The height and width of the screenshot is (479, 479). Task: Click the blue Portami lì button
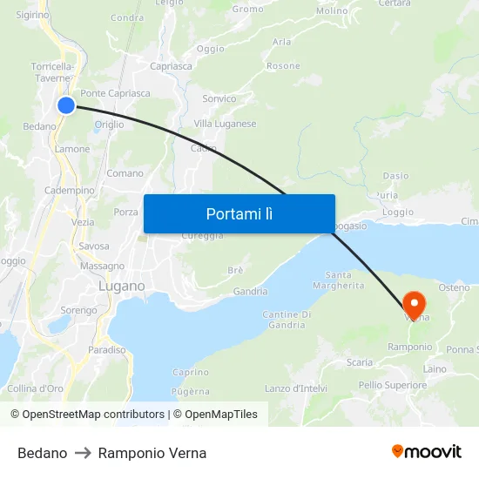coord(239,213)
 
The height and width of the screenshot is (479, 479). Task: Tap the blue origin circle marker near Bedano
coord(66,105)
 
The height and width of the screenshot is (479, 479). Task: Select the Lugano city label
coord(121,286)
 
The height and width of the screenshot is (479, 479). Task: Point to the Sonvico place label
coord(219,98)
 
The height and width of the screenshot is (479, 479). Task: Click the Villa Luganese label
coord(225,124)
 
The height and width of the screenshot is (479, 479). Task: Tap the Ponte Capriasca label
coord(115,93)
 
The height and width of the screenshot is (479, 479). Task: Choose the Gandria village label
coord(250,292)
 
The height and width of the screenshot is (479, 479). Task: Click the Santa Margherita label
coord(332,280)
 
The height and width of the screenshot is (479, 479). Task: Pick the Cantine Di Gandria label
coord(287,320)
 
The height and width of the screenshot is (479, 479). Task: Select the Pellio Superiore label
coord(392,384)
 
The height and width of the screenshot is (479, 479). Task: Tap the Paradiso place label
coord(106,349)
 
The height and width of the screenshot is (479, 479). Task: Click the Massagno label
coord(102,266)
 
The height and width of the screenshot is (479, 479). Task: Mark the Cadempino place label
coord(69,190)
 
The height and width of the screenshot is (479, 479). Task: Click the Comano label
coord(125,173)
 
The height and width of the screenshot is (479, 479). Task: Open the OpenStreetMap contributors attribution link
coord(92,415)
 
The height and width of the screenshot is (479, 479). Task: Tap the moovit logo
coord(427,451)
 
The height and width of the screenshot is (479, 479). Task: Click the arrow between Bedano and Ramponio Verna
coord(83,453)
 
